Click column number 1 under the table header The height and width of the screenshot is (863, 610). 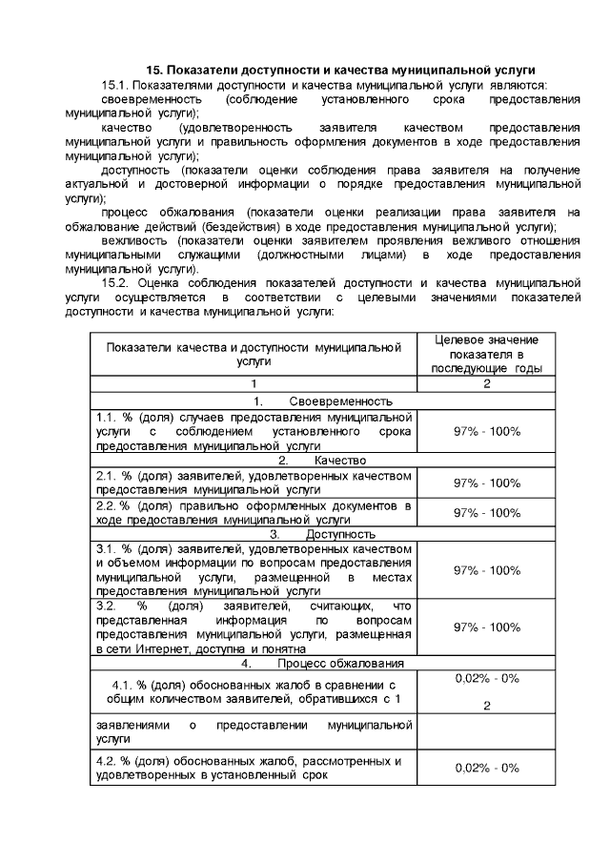(x=253, y=383)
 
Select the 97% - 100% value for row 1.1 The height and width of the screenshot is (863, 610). (x=486, y=431)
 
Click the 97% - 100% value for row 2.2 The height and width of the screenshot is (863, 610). (x=486, y=512)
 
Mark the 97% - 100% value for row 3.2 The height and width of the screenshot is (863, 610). (x=486, y=627)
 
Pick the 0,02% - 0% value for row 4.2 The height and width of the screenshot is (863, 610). (x=486, y=768)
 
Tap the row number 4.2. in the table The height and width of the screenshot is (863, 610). (x=106, y=761)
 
